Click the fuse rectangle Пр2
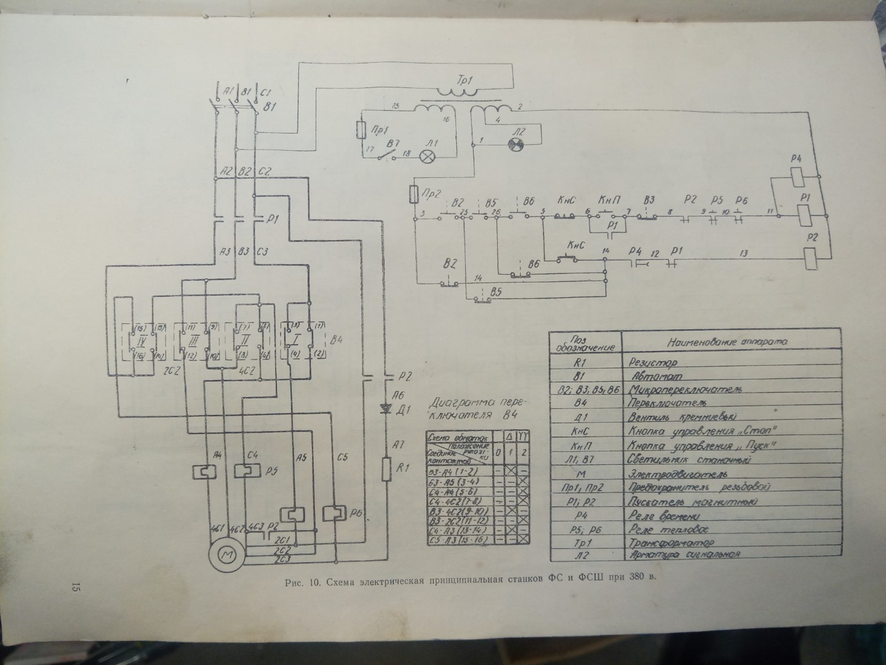tap(414, 195)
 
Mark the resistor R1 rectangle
tap(386, 469)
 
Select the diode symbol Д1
tap(388, 410)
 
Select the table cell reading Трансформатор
tap(671, 544)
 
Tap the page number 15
tap(76, 587)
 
